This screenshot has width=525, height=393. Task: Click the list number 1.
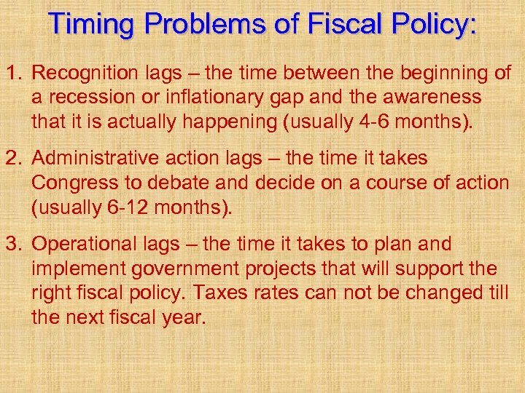point(14,73)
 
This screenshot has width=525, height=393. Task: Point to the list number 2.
point(14,158)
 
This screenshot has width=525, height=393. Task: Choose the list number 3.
point(14,244)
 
